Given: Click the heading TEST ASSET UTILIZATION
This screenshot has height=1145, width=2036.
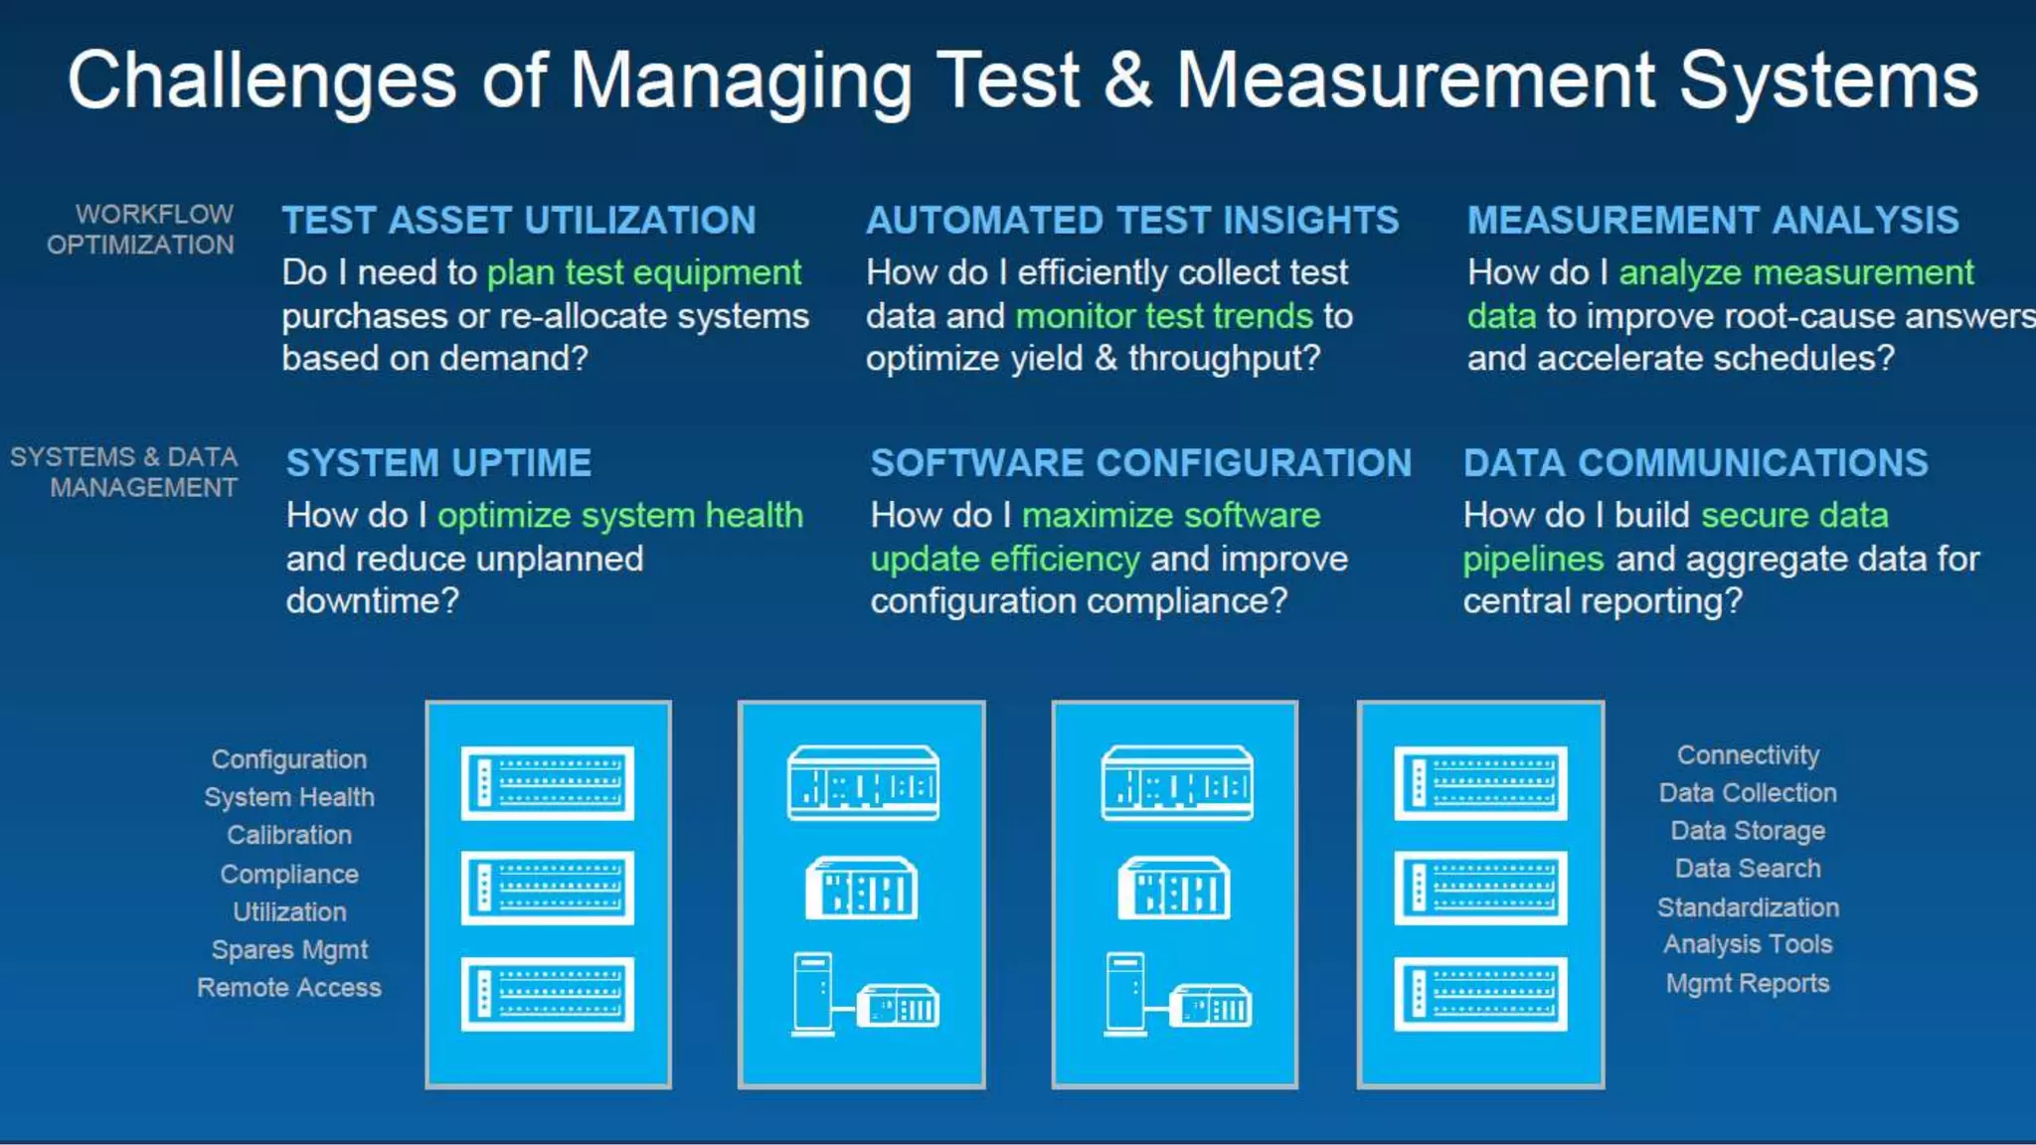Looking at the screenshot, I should click(518, 221).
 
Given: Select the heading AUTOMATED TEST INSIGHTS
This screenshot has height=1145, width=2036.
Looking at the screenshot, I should click(1131, 221).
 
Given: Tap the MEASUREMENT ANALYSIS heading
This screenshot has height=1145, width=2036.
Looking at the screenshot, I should click(1713, 221).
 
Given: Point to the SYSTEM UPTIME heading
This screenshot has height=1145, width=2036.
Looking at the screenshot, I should click(438, 463).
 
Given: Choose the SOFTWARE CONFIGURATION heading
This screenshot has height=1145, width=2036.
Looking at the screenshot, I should click(1140, 463).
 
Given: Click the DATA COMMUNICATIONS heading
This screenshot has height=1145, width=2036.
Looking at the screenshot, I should click(1695, 463).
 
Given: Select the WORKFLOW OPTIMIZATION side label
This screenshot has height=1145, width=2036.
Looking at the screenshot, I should click(141, 230).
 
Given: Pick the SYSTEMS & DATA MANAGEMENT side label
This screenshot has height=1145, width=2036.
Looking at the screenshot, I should click(125, 472).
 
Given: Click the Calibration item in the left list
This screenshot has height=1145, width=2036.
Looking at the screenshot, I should click(289, 835).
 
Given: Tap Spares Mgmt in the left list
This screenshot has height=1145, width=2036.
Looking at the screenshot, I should click(289, 950).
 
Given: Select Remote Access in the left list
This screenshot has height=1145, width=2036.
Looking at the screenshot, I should click(289, 988).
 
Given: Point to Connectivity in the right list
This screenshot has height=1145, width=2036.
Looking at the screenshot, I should click(1748, 755).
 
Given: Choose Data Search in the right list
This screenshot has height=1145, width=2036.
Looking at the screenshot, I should click(1748, 869).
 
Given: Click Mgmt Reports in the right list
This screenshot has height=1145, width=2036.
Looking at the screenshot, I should click(1748, 984).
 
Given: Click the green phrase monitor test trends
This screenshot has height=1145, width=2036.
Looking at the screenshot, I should click(1163, 316).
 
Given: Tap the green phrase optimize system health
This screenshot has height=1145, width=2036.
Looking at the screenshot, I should click(619, 516).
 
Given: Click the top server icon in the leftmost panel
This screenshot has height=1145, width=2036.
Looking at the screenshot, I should click(547, 783).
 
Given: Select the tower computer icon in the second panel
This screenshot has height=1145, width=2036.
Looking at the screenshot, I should click(812, 994).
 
